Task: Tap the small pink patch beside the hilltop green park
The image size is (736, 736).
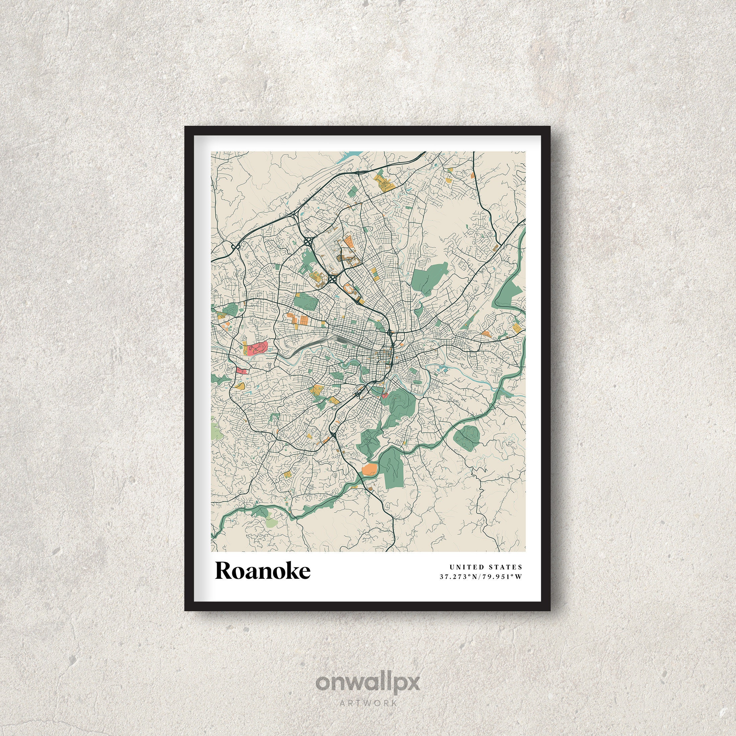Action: pos(384,396)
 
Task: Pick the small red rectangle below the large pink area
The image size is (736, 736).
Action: pos(241,370)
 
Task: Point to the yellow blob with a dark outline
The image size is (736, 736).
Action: pos(240,386)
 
